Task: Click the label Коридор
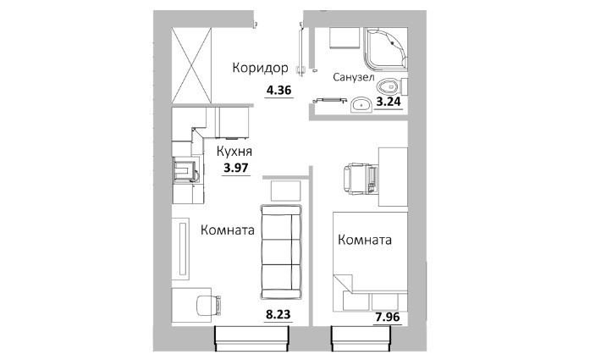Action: tap(260, 69)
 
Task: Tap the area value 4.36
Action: tap(279, 91)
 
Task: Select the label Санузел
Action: tap(353, 77)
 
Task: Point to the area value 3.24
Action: tap(389, 102)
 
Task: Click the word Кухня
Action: tap(234, 152)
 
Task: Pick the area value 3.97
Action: tap(236, 168)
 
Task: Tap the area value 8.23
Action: tap(278, 315)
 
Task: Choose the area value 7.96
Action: tap(388, 318)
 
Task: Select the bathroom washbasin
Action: tap(361, 105)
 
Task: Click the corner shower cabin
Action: tap(386, 50)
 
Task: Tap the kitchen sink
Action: tap(185, 170)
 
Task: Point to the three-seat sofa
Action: tap(281, 252)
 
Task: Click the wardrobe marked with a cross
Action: tap(191, 65)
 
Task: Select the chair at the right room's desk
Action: tap(361, 178)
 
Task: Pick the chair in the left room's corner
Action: tap(208, 305)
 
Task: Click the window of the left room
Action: tap(251, 338)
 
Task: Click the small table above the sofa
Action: tap(286, 191)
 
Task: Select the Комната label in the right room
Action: tap(365, 240)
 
